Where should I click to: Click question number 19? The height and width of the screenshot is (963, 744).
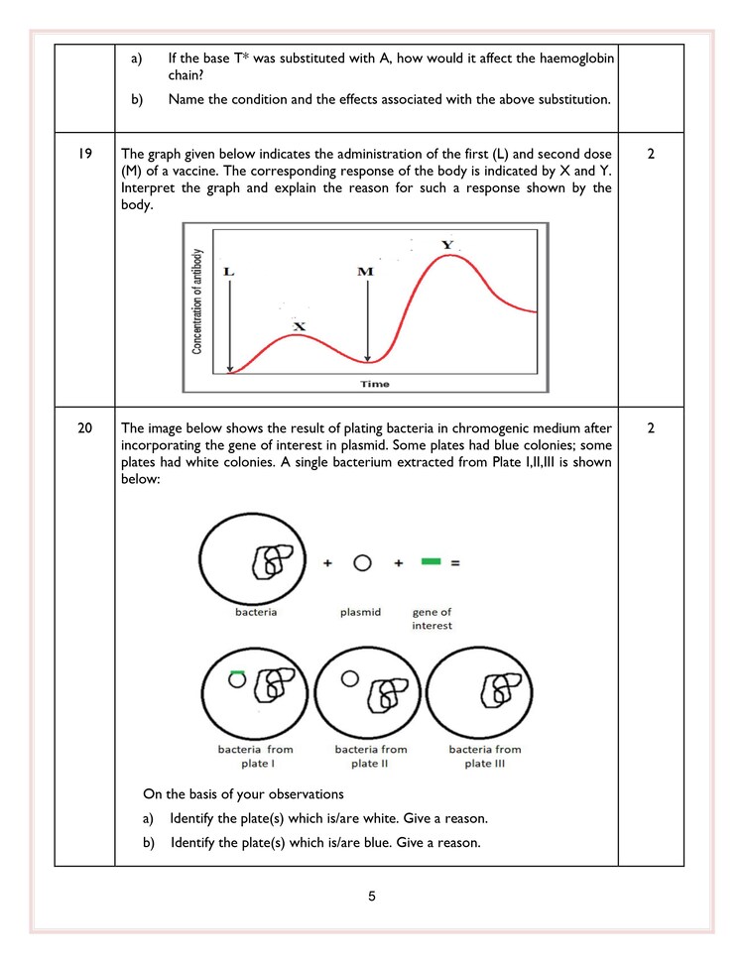point(85,155)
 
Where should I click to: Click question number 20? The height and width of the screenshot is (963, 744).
point(85,428)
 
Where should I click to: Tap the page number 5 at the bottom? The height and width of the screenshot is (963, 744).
point(372,898)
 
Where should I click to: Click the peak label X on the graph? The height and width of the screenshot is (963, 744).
point(300,326)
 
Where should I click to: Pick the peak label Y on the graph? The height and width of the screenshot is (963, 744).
point(447,245)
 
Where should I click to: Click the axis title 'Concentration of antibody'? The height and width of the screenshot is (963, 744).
point(197,301)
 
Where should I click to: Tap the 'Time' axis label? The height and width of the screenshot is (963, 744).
point(375,384)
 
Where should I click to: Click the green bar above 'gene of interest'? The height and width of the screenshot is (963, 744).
point(430,562)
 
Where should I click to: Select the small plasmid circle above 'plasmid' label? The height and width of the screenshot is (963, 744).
point(363,563)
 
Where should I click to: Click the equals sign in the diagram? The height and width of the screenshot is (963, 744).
point(455,563)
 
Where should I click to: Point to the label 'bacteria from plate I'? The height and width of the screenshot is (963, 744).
point(256,756)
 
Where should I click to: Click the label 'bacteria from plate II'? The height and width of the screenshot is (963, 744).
point(371,756)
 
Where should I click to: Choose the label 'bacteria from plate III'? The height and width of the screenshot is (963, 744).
point(485,756)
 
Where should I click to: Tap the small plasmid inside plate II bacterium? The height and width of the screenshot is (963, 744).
point(348,679)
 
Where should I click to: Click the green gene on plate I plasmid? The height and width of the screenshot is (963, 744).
point(237,673)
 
